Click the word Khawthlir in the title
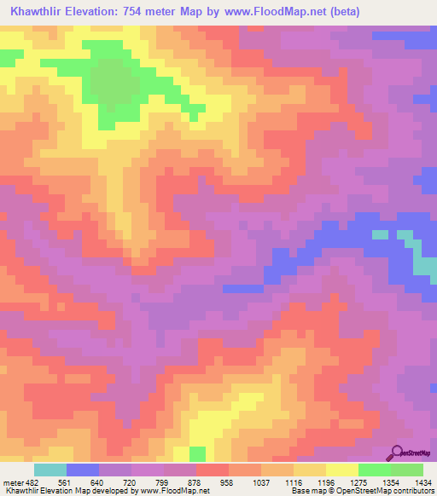coord(38,12)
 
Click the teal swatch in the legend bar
coord(50,470)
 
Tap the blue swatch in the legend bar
coord(82,470)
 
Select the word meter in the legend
coord(13,482)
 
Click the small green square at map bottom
coord(197,453)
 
